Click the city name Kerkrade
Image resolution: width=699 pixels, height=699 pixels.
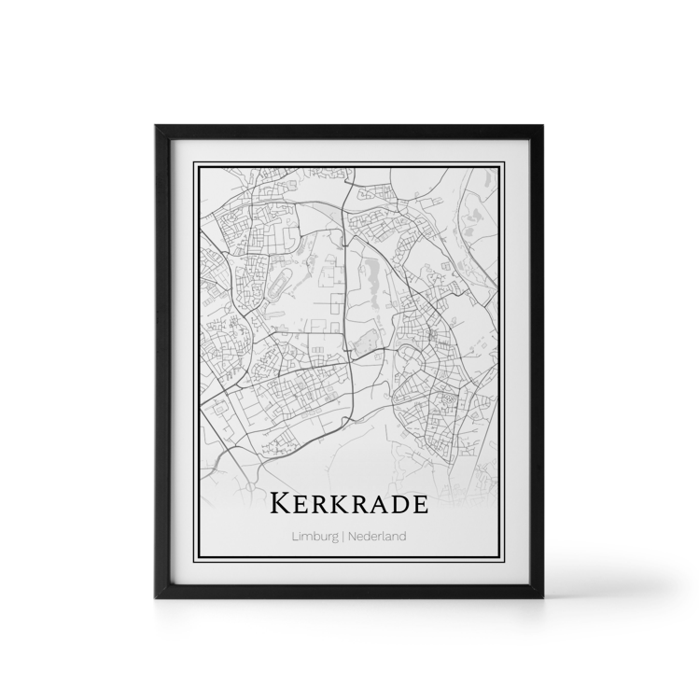coord(349,504)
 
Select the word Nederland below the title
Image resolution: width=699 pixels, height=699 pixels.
coord(376,537)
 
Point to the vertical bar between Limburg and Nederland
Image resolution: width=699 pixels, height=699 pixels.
coord(342,537)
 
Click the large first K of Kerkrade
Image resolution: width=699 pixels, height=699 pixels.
coord(279,504)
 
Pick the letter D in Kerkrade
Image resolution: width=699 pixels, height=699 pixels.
coord(395,505)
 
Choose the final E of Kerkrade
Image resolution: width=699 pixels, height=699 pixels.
coord(418,505)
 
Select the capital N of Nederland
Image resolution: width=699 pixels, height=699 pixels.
coord(350,537)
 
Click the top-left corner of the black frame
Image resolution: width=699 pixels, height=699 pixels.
coord(154,126)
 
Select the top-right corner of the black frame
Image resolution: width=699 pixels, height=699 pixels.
coord(543,126)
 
